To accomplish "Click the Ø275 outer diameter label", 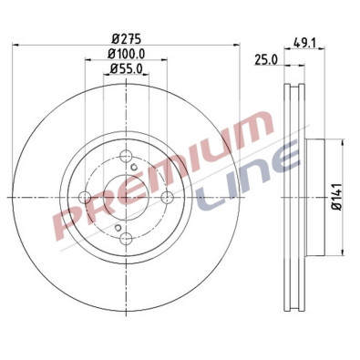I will click(x=125, y=39).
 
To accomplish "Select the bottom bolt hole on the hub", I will click(x=126, y=240).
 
